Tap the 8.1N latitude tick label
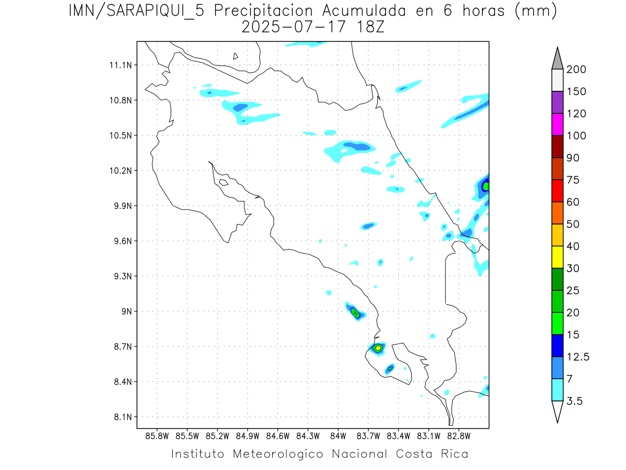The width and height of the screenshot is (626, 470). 121,417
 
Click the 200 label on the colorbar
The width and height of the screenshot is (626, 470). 576,69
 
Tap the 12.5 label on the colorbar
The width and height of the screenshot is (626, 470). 578,357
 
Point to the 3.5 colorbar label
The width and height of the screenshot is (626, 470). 575,401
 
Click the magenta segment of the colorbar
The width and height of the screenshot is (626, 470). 557,124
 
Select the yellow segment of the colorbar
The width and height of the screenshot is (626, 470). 557,257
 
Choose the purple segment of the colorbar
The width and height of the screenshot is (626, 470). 557,102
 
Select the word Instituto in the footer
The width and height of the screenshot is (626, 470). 198,454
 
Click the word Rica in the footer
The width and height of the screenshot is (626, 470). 454,454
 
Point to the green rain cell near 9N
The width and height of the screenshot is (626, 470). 355,313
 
